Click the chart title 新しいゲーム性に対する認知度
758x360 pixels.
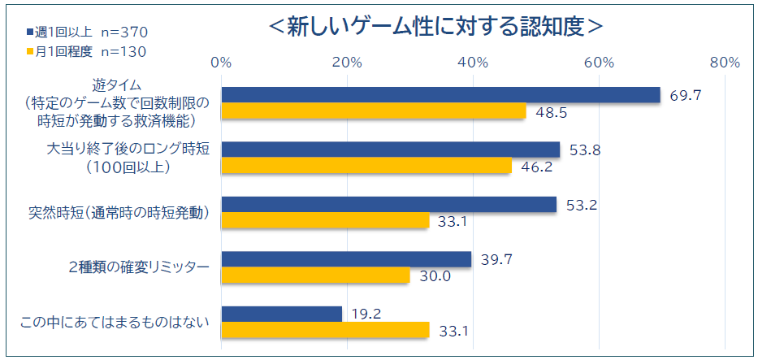436,26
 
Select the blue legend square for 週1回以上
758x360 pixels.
28,33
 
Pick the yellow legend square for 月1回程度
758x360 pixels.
28,51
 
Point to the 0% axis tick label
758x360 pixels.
221,63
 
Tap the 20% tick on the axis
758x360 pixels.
347,63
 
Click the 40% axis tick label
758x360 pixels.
473,63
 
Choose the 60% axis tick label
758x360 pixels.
599,63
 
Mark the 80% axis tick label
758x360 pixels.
724,63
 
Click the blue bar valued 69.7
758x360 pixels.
440,95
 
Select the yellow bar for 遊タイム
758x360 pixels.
374,111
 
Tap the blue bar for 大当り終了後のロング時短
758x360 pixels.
390,150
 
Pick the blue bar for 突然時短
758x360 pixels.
388,205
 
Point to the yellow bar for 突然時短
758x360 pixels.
325,221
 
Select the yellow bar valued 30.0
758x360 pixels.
315,275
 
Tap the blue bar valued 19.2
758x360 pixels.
281,314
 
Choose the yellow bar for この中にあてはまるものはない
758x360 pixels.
325,330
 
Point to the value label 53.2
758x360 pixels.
582,205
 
